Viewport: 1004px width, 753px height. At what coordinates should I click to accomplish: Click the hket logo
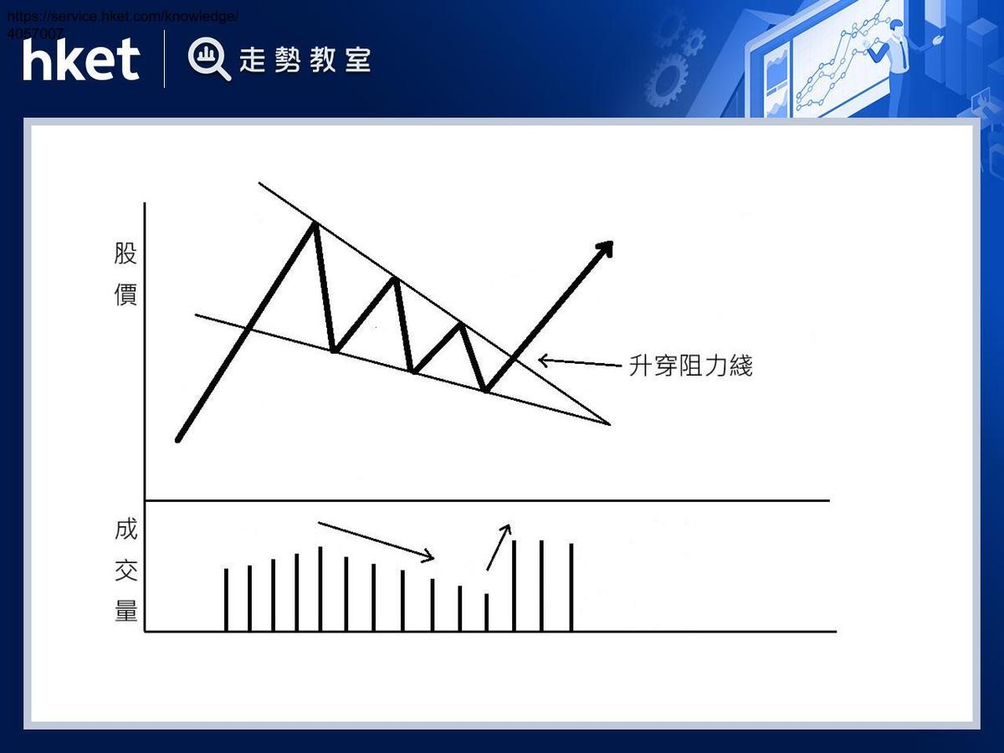click(81, 60)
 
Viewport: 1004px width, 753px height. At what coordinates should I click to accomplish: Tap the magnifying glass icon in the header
click(208, 59)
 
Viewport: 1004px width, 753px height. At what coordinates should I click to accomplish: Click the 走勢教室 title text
click(305, 60)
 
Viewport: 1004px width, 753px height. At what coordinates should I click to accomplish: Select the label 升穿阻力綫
click(690, 366)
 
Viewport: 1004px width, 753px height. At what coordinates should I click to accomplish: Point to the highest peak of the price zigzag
click(314, 223)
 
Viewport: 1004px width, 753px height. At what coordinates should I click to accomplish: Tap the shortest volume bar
click(486, 612)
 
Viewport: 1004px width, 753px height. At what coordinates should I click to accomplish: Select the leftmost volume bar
click(226, 599)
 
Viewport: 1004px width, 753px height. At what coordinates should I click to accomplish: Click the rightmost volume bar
click(571, 587)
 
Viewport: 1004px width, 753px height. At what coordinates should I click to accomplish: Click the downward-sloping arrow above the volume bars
click(376, 540)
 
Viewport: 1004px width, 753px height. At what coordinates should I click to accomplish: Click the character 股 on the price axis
click(125, 254)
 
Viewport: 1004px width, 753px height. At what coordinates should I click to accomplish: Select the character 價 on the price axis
click(125, 295)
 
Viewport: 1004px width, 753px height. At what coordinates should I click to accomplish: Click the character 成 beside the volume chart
click(125, 530)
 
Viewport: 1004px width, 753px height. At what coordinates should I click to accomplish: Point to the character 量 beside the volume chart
click(125, 611)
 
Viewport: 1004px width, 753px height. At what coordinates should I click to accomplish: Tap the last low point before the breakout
click(486, 390)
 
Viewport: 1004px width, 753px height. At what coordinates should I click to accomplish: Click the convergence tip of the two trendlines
click(609, 423)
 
